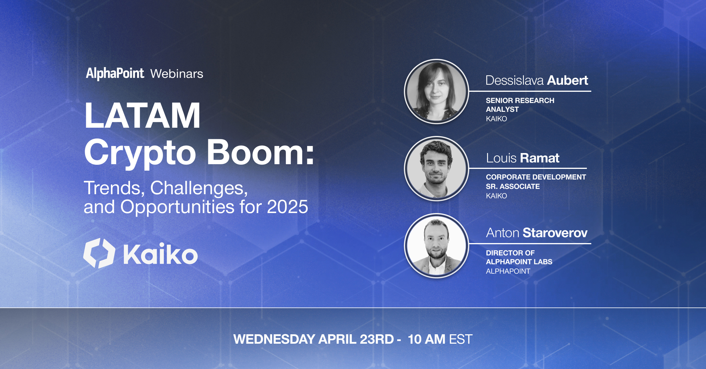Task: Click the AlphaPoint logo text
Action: tap(115, 74)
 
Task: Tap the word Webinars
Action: tap(177, 74)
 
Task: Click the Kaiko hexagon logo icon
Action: tap(99, 253)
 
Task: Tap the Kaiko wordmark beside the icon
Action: tap(160, 254)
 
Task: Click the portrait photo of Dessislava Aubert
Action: tap(437, 92)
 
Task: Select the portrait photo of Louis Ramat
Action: tap(437, 169)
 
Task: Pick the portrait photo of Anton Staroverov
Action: tap(437, 246)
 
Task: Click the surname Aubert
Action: tap(567, 80)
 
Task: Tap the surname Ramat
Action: tap(540, 158)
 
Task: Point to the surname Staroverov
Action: tap(555, 233)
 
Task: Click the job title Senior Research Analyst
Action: tap(520, 105)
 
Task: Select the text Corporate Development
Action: tap(536, 177)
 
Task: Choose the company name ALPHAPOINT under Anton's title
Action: tap(508, 271)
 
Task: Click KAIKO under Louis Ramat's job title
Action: tap(497, 196)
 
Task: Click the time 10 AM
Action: tap(427, 339)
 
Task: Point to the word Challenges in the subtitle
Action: tap(199, 188)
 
